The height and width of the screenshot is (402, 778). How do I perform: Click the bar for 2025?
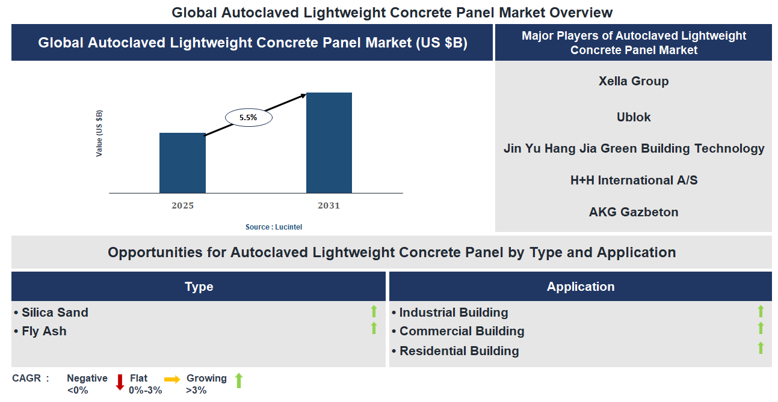(x=182, y=163)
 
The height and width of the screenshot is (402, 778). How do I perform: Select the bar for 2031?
(x=329, y=143)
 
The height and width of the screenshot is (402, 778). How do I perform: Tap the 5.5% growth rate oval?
(x=249, y=118)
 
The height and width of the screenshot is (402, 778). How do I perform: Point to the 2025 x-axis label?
(x=182, y=206)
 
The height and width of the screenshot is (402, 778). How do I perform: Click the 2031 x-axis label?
(x=329, y=206)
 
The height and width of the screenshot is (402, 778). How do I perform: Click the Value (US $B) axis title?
(x=99, y=133)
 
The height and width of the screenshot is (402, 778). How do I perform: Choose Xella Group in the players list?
(x=634, y=81)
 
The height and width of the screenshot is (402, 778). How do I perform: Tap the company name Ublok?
(x=634, y=117)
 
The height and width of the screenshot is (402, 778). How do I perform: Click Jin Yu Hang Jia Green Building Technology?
(x=634, y=148)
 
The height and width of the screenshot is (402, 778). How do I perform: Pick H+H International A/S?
(x=634, y=180)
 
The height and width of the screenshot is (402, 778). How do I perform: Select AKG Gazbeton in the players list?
(x=634, y=212)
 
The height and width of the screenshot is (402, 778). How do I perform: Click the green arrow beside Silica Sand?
(x=374, y=311)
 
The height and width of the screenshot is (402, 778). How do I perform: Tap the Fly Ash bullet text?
(x=44, y=331)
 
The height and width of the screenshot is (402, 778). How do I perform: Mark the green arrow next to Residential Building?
(x=761, y=348)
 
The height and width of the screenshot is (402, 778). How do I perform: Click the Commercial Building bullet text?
(x=462, y=331)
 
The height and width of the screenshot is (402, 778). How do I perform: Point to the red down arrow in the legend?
(x=120, y=382)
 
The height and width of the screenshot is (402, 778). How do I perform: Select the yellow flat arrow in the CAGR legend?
(x=172, y=380)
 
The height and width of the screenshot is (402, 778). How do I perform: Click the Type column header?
(x=199, y=287)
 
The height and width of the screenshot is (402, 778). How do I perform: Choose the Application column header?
(x=580, y=287)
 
